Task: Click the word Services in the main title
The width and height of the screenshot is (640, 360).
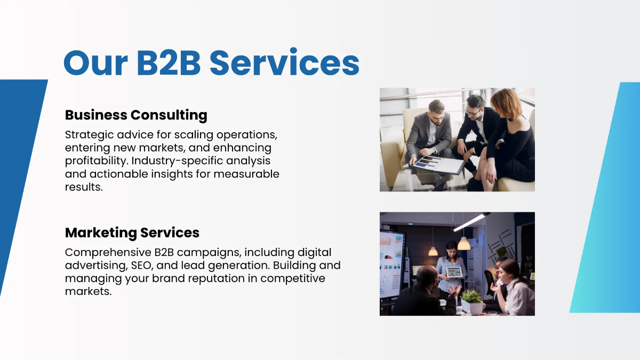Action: (x=284, y=63)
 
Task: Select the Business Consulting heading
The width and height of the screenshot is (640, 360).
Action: (x=136, y=115)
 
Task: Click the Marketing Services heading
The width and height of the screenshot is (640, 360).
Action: (x=132, y=233)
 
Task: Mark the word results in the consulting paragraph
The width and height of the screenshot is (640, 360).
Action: (x=84, y=187)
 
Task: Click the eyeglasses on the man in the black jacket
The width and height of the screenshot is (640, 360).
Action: (x=473, y=111)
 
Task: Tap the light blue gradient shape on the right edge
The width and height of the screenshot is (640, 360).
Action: (x=608, y=203)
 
